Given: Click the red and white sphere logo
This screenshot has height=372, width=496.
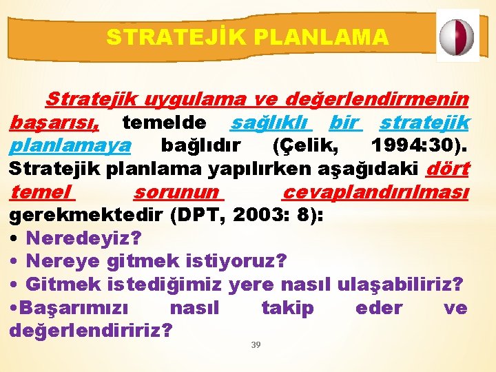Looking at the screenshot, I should pyautogui.click(x=457, y=36).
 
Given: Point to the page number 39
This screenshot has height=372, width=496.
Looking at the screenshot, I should pyautogui.click(x=256, y=344).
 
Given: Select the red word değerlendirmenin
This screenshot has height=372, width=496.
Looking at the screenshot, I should pyautogui.click(x=377, y=101).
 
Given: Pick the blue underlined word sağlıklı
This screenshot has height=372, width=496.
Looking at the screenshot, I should pyautogui.click(x=271, y=123).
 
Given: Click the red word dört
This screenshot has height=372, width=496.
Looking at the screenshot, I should pyautogui.click(x=448, y=169).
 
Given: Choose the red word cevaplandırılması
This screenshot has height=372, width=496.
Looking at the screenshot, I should pyautogui.click(x=376, y=192).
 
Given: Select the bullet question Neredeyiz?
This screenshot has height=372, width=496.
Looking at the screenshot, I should pyautogui.click(x=83, y=238).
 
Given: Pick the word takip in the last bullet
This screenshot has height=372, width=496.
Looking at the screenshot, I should pyautogui.click(x=287, y=308).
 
